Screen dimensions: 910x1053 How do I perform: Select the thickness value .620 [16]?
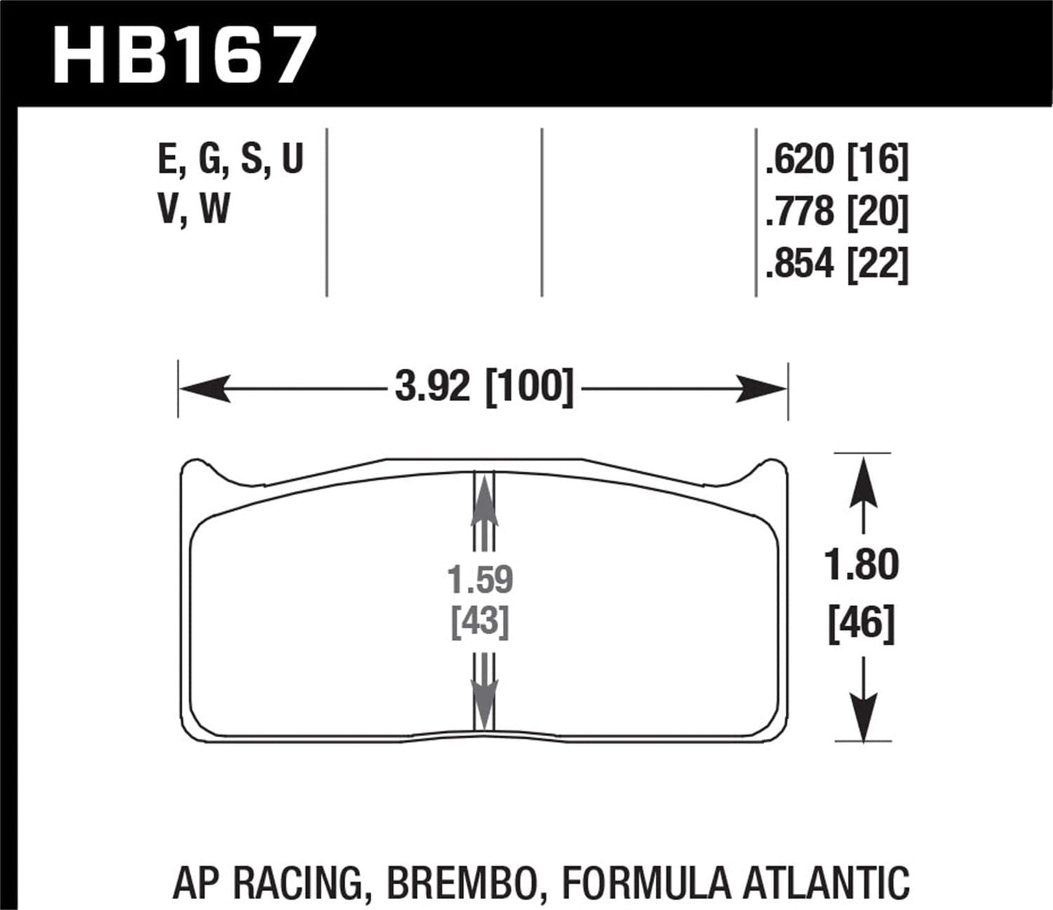coord(837,160)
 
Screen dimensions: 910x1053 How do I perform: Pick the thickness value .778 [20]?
coord(837,212)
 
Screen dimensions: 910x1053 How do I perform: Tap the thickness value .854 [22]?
coord(837,263)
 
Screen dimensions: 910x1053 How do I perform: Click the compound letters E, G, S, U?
coord(230,160)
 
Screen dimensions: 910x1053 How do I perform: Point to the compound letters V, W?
coord(193,209)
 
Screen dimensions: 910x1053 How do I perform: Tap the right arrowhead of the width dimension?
coord(761,388)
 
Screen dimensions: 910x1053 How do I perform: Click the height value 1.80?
coord(862,565)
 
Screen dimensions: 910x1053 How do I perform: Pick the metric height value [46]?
coord(861,624)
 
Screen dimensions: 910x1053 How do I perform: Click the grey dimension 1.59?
coord(480,580)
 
